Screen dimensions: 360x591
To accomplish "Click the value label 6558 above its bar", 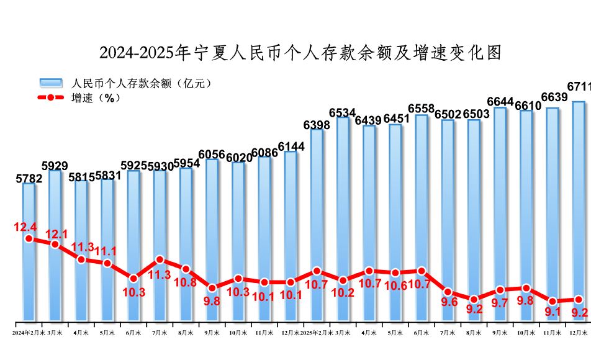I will pyautogui.click(x=421, y=108).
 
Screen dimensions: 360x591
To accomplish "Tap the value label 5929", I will pyautogui.click(x=55, y=165).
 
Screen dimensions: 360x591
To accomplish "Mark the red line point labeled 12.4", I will pyautogui.click(x=29, y=238).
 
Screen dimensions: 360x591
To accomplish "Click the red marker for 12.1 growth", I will pyautogui.click(x=55, y=244).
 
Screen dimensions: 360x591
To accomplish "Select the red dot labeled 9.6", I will pyautogui.click(x=448, y=292).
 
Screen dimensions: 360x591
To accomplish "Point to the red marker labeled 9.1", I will pyautogui.click(x=553, y=301).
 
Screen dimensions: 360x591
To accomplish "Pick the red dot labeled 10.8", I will pyautogui.click(x=186, y=269).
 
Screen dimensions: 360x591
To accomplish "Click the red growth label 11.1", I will pyautogui.click(x=107, y=251).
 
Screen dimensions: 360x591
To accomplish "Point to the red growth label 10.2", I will pyautogui.click(x=343, y=293).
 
